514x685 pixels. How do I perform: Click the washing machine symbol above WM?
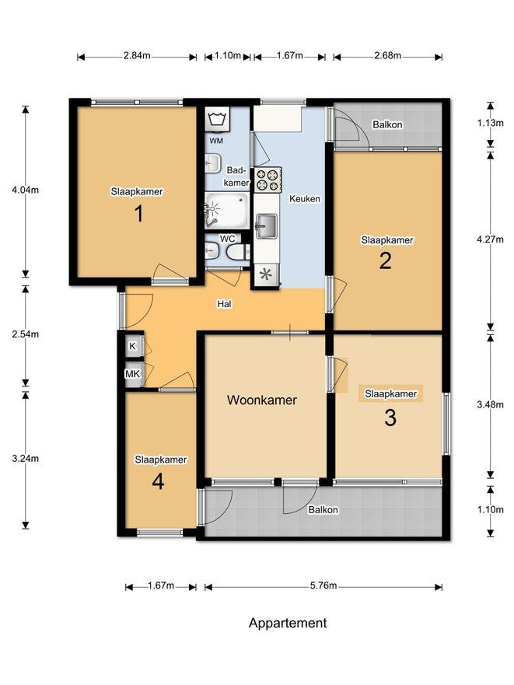216,121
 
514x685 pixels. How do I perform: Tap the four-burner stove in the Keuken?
267,180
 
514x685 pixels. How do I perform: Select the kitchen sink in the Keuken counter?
266,226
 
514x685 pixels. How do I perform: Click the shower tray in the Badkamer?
226,211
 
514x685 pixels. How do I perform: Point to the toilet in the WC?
236,252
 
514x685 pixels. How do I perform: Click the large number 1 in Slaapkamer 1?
138,214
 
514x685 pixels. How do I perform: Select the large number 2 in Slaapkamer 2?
385,261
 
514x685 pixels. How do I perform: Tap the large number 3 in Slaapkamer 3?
390,418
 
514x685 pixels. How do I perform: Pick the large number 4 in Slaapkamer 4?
158,481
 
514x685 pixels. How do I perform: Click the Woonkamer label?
262,400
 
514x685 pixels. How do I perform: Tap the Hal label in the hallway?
224,304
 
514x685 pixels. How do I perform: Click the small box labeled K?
132,346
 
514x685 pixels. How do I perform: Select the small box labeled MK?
132,374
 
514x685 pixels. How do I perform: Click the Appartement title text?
288,623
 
